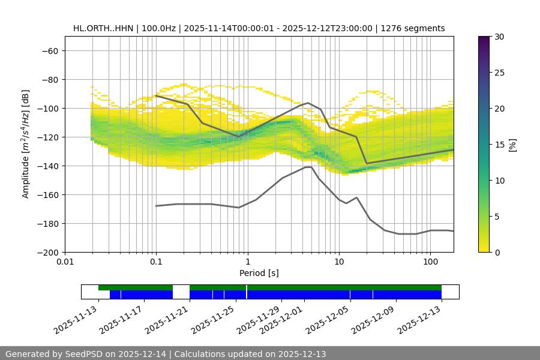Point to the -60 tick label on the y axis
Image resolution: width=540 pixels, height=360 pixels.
point(49,50)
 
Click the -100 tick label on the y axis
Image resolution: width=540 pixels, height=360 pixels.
point(47,108)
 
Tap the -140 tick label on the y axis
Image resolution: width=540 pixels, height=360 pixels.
point(47,166)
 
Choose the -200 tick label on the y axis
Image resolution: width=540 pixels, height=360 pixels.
point(47,252)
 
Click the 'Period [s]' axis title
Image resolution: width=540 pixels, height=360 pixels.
point(259,274)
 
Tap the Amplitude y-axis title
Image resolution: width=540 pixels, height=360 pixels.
point(26,144)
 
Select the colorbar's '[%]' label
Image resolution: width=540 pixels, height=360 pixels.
point(512,145)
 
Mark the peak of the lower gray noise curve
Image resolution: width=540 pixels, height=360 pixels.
point(308,167)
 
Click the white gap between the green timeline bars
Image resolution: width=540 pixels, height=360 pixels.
point(181,288)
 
